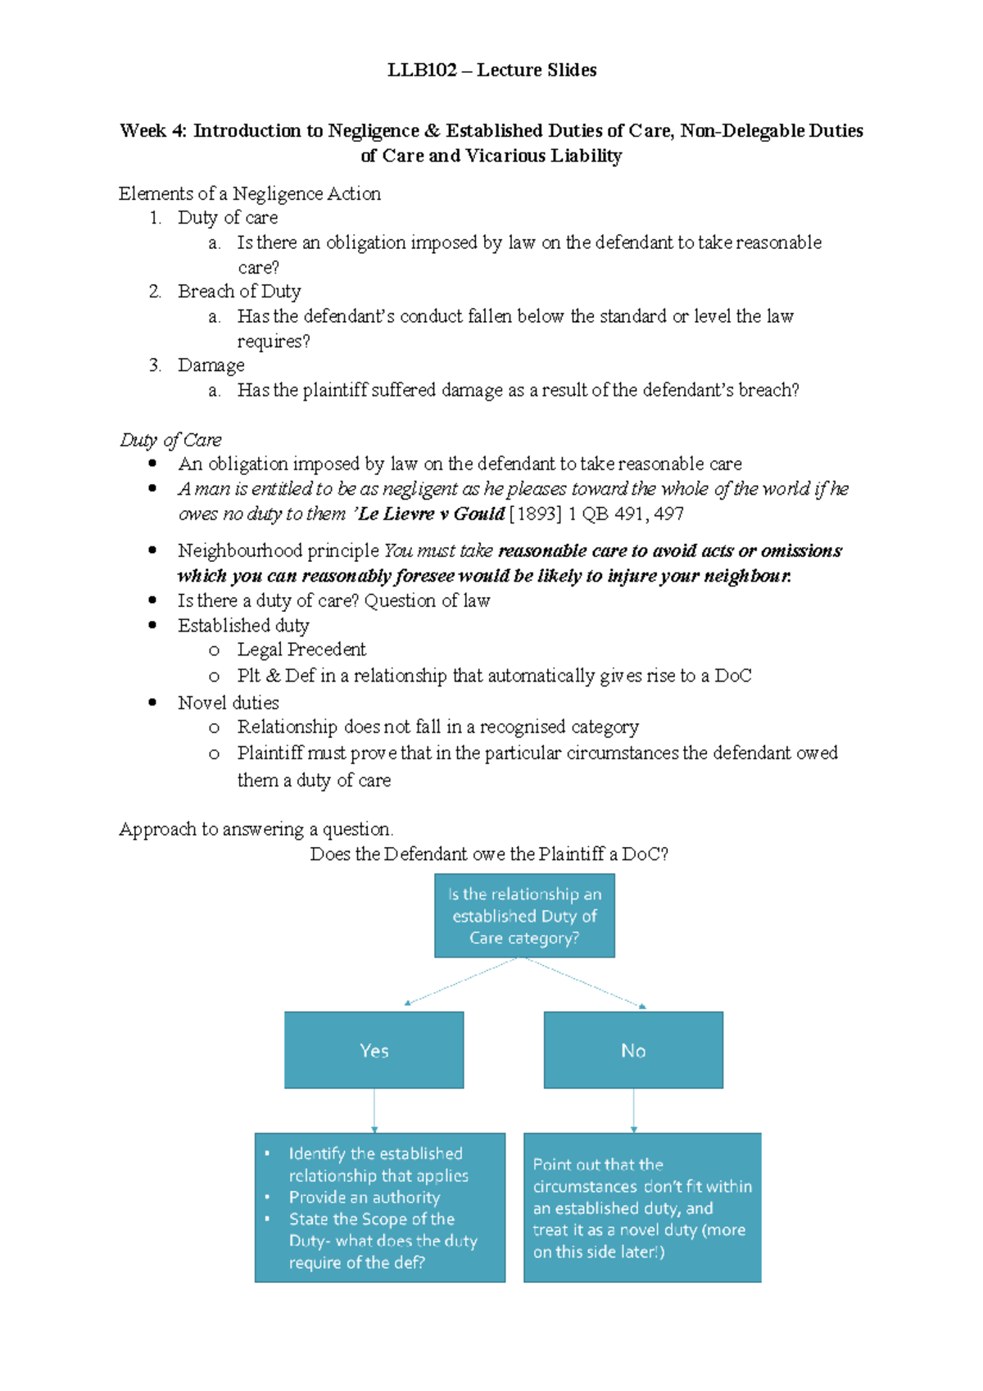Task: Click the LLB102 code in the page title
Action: [x=421, y=70]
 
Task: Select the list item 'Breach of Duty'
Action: [x=239, y=292]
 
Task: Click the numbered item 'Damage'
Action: [x=211, y=365]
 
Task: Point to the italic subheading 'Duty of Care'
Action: [x=170, y=440]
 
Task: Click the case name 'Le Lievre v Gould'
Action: [x=432, y=514]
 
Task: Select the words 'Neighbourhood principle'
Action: [x=278, y=551]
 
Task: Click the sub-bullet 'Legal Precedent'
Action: [x=301, y=650]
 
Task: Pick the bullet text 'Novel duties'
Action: [x=228, y=703]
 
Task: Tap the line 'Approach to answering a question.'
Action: [x=256, y=829]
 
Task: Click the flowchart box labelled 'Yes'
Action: [x=374, y=1050]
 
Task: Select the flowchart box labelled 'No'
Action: [x=633, y=1050]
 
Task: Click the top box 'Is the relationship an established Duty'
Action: [x=524, y=916]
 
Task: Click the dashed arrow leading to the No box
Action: [x=586, y=982]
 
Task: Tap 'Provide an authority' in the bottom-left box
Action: [x=364, y=1197]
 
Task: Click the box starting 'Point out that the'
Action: [x=642, y=1207]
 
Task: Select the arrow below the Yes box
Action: [x=374, y=1111]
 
